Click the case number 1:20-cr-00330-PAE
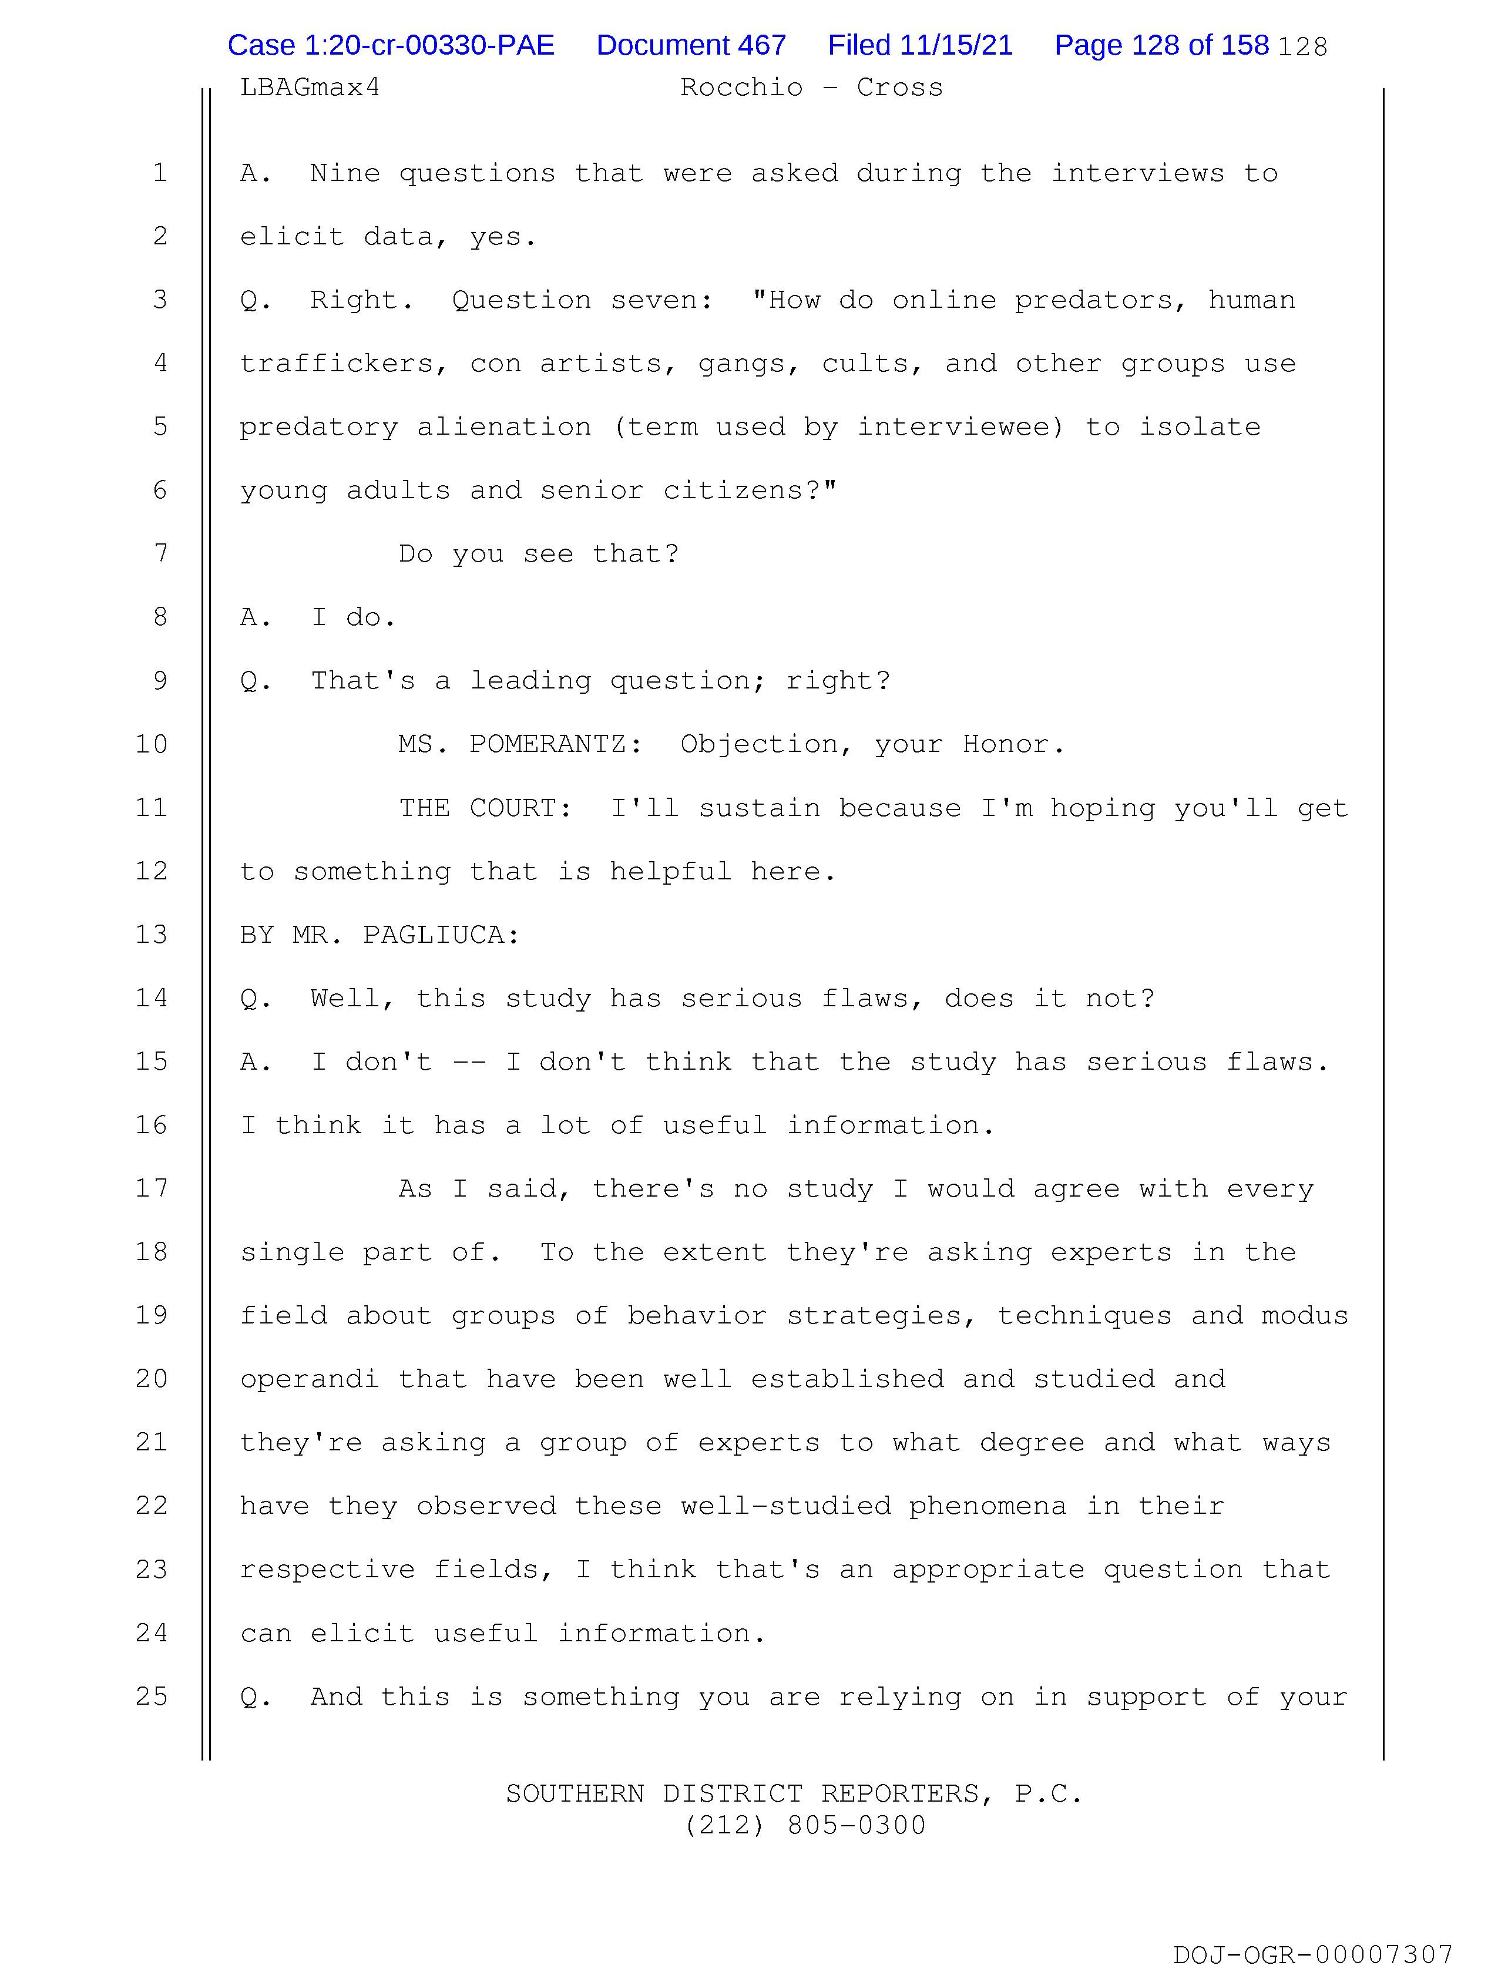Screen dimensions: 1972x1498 coord(391,45)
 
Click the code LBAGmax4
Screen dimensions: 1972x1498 coord(310,88)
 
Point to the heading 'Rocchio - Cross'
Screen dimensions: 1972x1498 coord(811,88)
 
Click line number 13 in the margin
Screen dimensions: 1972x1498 coord(152,934)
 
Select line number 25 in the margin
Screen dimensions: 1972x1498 coord(152,1696)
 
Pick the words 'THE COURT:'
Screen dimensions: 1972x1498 coord(485,808)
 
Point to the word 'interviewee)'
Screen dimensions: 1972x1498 coord(960,427)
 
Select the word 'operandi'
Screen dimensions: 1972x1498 coord(308,1380)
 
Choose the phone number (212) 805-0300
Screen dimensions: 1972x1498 coord(805,1826)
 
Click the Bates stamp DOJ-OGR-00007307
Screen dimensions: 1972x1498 coord(1312,1955)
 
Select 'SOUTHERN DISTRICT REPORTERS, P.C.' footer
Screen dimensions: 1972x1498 coord(794,1793)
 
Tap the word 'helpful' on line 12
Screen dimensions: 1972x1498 coord(670,871)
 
